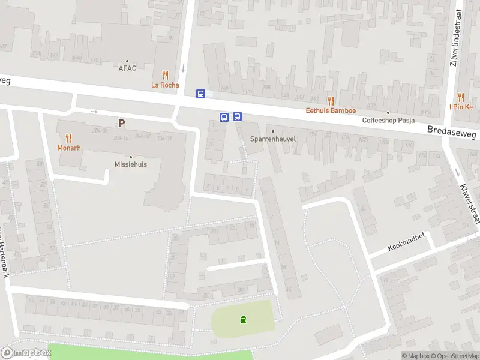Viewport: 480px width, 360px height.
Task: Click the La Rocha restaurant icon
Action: [x=165, y=75]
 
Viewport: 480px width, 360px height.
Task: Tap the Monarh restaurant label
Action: [x=68, y=148]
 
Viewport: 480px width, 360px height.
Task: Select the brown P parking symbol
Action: [x=121, y=124]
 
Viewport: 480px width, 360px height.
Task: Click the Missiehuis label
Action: [x=131, y=164]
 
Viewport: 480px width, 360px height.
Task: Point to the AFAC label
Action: [x=127, y=68]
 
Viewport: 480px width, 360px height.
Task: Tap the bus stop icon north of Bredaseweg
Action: [x=201, y=94]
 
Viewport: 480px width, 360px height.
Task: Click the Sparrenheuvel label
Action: [x=273, y=139]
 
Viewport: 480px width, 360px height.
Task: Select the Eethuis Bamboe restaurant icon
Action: [x=331, y=101]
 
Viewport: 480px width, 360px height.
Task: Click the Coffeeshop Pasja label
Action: [x=389, y=120]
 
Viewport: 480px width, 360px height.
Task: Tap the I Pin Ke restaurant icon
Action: [x=461, y=97]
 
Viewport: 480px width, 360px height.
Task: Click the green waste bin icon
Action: [x=243, y=319]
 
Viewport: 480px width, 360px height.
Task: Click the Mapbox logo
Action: [x=26, y=353]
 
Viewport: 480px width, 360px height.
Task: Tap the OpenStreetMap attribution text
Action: [x=454, y=356]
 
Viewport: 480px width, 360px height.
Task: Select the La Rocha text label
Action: [x=165, y=85]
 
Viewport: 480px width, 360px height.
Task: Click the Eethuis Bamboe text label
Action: [x=331, y=110]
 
